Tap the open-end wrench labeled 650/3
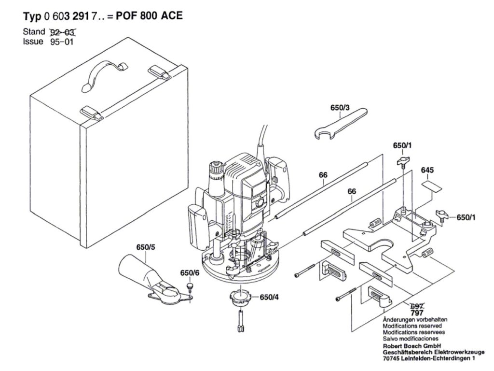(x=341, y=123)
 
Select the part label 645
(x=427, y=171)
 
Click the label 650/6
(x=190, y=273)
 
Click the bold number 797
(x=416, y=314)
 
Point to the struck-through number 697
(x=416, y=306)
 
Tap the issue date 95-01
(x=63, y=42)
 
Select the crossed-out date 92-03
(x=63, y=32)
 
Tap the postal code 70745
(x=394, y=359)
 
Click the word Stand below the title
(x=34, y=32)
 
